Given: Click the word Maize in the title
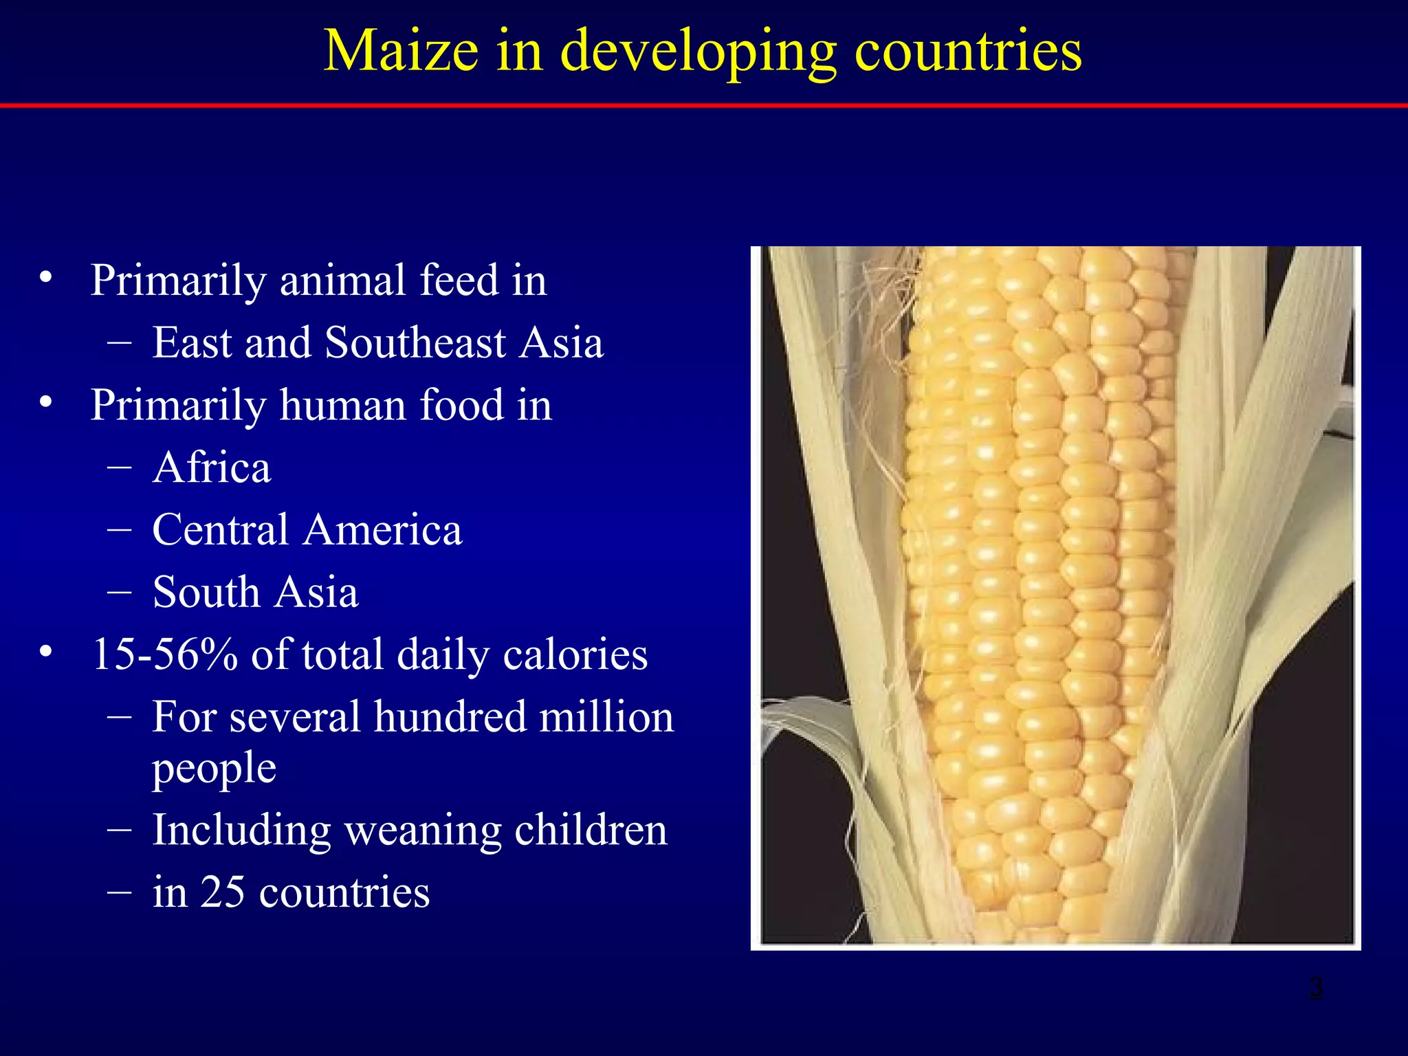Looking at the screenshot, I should (401, 51).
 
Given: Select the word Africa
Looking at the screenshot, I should (212, 467).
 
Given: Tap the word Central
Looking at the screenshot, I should (220, 530).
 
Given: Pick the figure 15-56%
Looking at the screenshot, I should (165, 654).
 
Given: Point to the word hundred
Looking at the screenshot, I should (449, 717).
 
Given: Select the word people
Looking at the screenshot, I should (214, 769).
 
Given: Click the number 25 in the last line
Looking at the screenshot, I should (223, 892).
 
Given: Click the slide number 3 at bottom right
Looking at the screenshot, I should (1314, 989).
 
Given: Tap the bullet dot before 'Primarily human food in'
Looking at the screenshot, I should (46, 402).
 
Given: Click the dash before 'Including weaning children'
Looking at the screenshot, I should (120, 830).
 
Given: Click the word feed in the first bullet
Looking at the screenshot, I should (459, 280).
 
